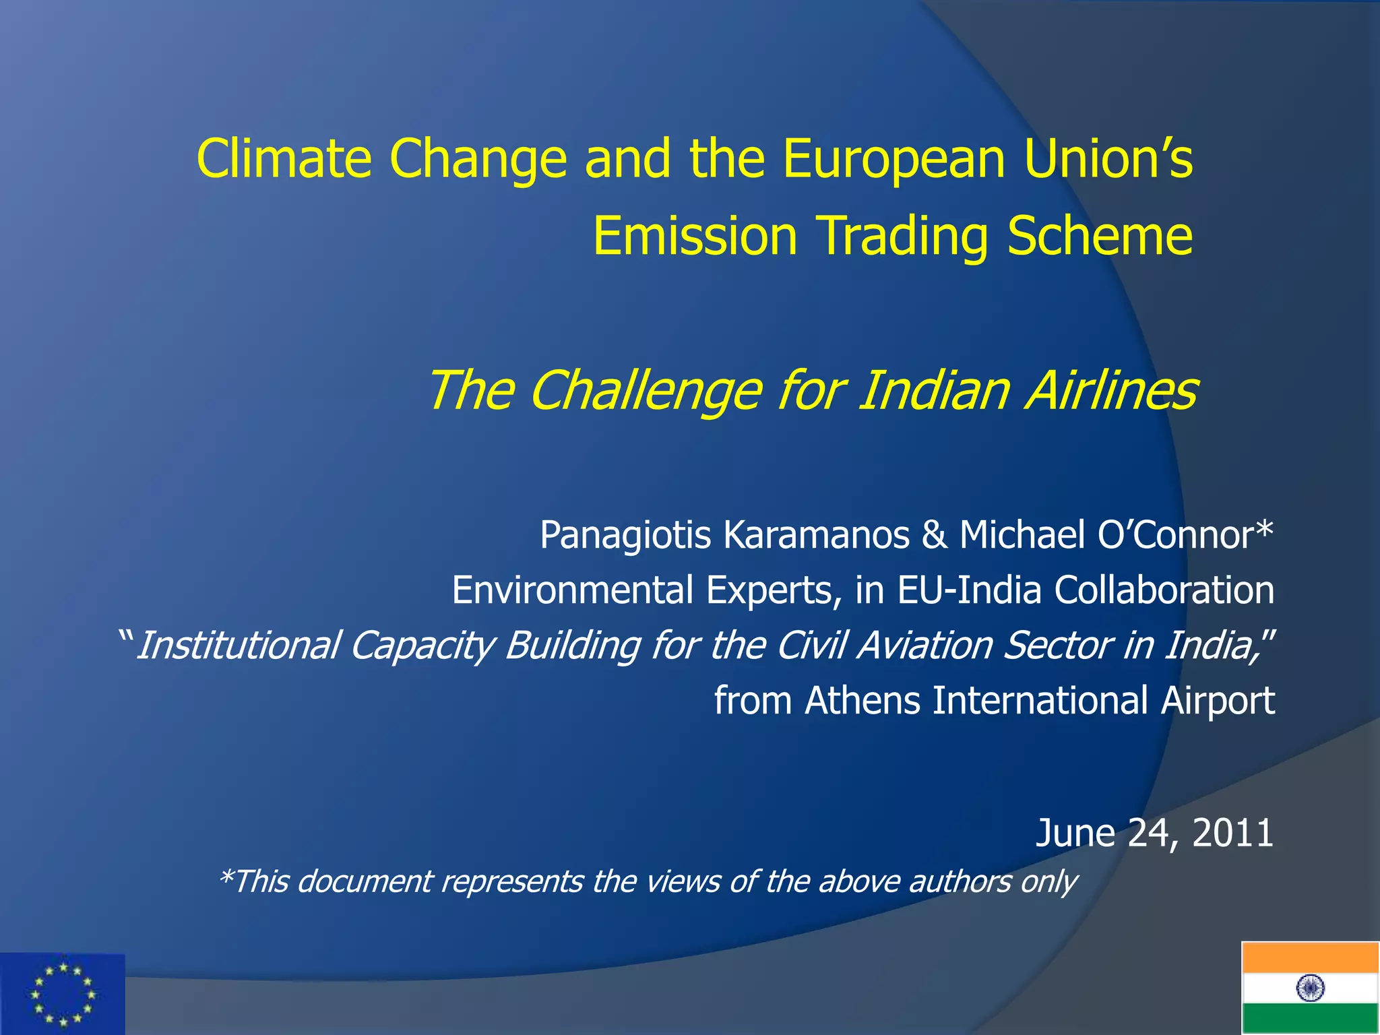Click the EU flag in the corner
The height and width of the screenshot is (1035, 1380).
tap(62, 994)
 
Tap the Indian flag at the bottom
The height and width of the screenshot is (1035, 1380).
tap(1310, 988)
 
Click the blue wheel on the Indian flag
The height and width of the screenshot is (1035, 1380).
tap(1310, 989)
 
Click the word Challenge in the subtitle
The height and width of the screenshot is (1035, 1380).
tap(646, 391)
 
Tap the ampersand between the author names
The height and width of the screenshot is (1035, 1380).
tap(934, 535)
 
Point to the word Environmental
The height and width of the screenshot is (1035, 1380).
tap(572, 590)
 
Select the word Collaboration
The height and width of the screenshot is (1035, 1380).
tap(1164, 590)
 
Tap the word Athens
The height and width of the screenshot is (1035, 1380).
tap(862, 701)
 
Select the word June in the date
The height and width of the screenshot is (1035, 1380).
tap(1075, 833)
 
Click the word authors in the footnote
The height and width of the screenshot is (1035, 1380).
tap(960, 881)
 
